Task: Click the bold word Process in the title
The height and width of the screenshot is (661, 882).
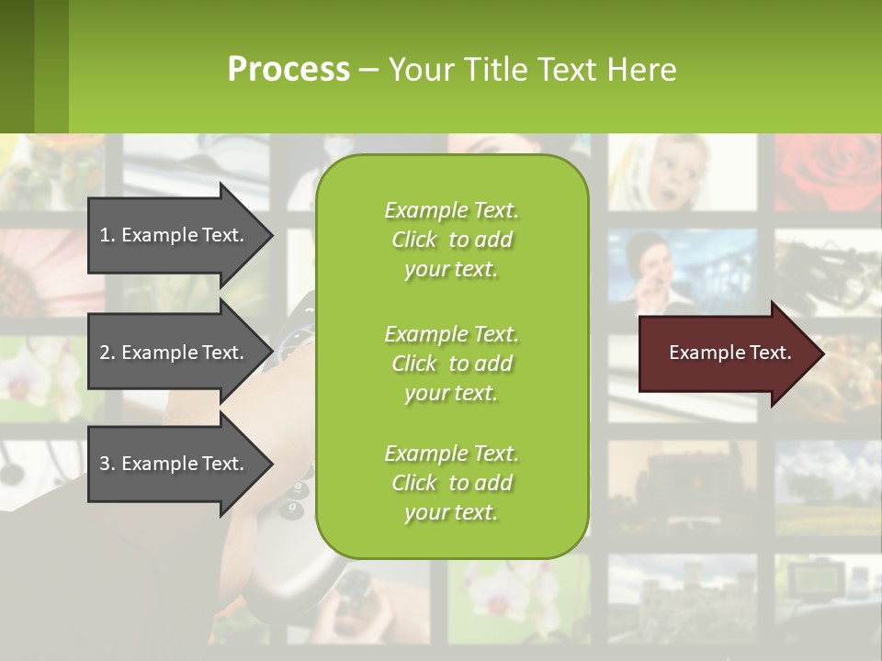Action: click(288, 70)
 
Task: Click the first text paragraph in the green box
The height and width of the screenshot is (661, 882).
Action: click(451, 240)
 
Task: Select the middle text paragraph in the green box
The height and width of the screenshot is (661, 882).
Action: click(451, 364)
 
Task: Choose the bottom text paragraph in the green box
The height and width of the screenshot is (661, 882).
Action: click(451, 483)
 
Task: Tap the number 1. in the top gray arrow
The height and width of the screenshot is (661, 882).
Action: click(107, 235)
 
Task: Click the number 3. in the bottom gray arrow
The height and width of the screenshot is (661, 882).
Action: click(107, 464)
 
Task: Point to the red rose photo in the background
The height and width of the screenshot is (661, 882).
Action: click(827, 174)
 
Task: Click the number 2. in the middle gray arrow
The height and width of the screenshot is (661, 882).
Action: click(107, 353)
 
